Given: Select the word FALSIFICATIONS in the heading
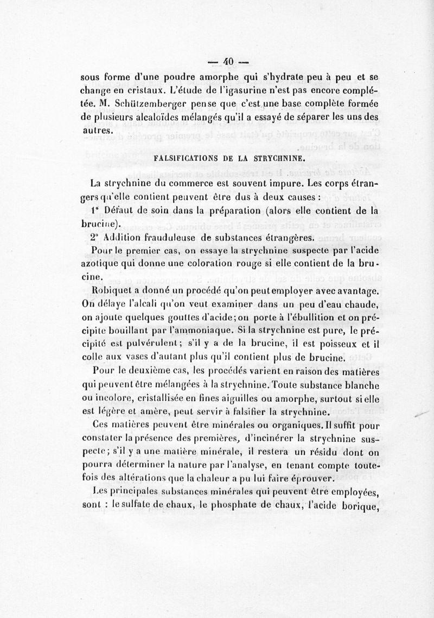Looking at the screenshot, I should pyautogui.click(x=186, y=159).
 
